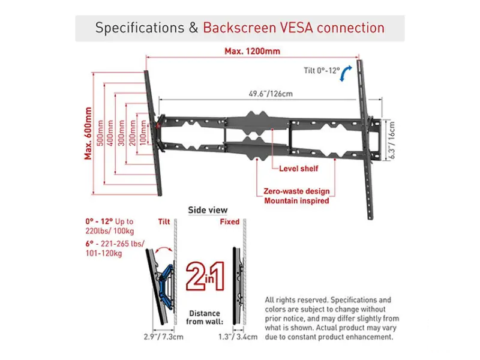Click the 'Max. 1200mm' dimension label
252,51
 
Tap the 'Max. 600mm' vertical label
88,133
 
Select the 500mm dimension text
100,133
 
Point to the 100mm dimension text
143,133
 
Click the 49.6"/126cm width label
271,94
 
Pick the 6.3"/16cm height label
392,140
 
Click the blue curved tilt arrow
346,73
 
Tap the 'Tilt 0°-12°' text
322,70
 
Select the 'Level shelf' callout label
298,169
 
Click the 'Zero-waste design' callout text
296,191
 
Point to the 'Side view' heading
208,210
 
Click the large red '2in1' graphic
205,276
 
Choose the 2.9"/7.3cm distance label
163,337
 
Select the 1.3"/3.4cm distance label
238,337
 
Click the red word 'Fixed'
230,221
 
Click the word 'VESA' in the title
297,28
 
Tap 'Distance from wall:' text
205,317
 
